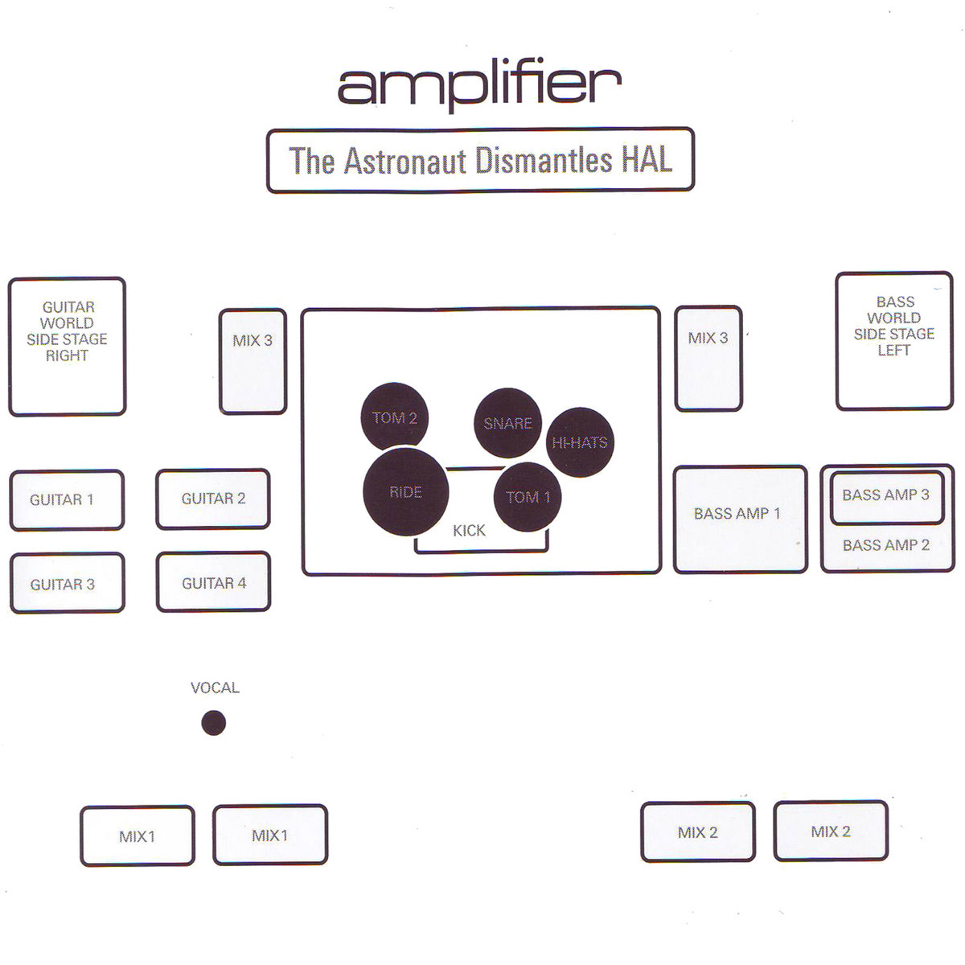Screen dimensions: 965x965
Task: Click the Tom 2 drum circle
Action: click(395, 417)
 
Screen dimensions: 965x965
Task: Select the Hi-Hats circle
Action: click(580, 442)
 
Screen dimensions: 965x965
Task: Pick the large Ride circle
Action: click(405, 492)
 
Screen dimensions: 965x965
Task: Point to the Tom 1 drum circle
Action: click(528, 497)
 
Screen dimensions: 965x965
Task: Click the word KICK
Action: click(469, 530)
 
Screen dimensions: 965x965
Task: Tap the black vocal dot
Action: click(214, 723)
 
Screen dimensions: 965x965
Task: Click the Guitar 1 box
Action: click(67, 499)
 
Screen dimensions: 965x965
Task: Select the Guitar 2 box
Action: click(213, 499)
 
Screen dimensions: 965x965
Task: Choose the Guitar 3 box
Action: click(68, 583)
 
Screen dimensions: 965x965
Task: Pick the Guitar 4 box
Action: click(214, 582)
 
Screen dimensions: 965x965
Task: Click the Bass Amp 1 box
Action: click(741, 519)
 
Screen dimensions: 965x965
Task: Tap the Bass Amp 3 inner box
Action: click(887, 498)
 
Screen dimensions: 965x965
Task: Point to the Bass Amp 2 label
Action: click(886, 545)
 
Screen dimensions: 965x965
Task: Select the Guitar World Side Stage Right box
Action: click(67, 346)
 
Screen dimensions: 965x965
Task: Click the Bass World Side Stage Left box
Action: click(894, 341)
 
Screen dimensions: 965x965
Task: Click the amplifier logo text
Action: click(480, 88)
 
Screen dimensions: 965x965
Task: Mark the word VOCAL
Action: click(215, 688)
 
